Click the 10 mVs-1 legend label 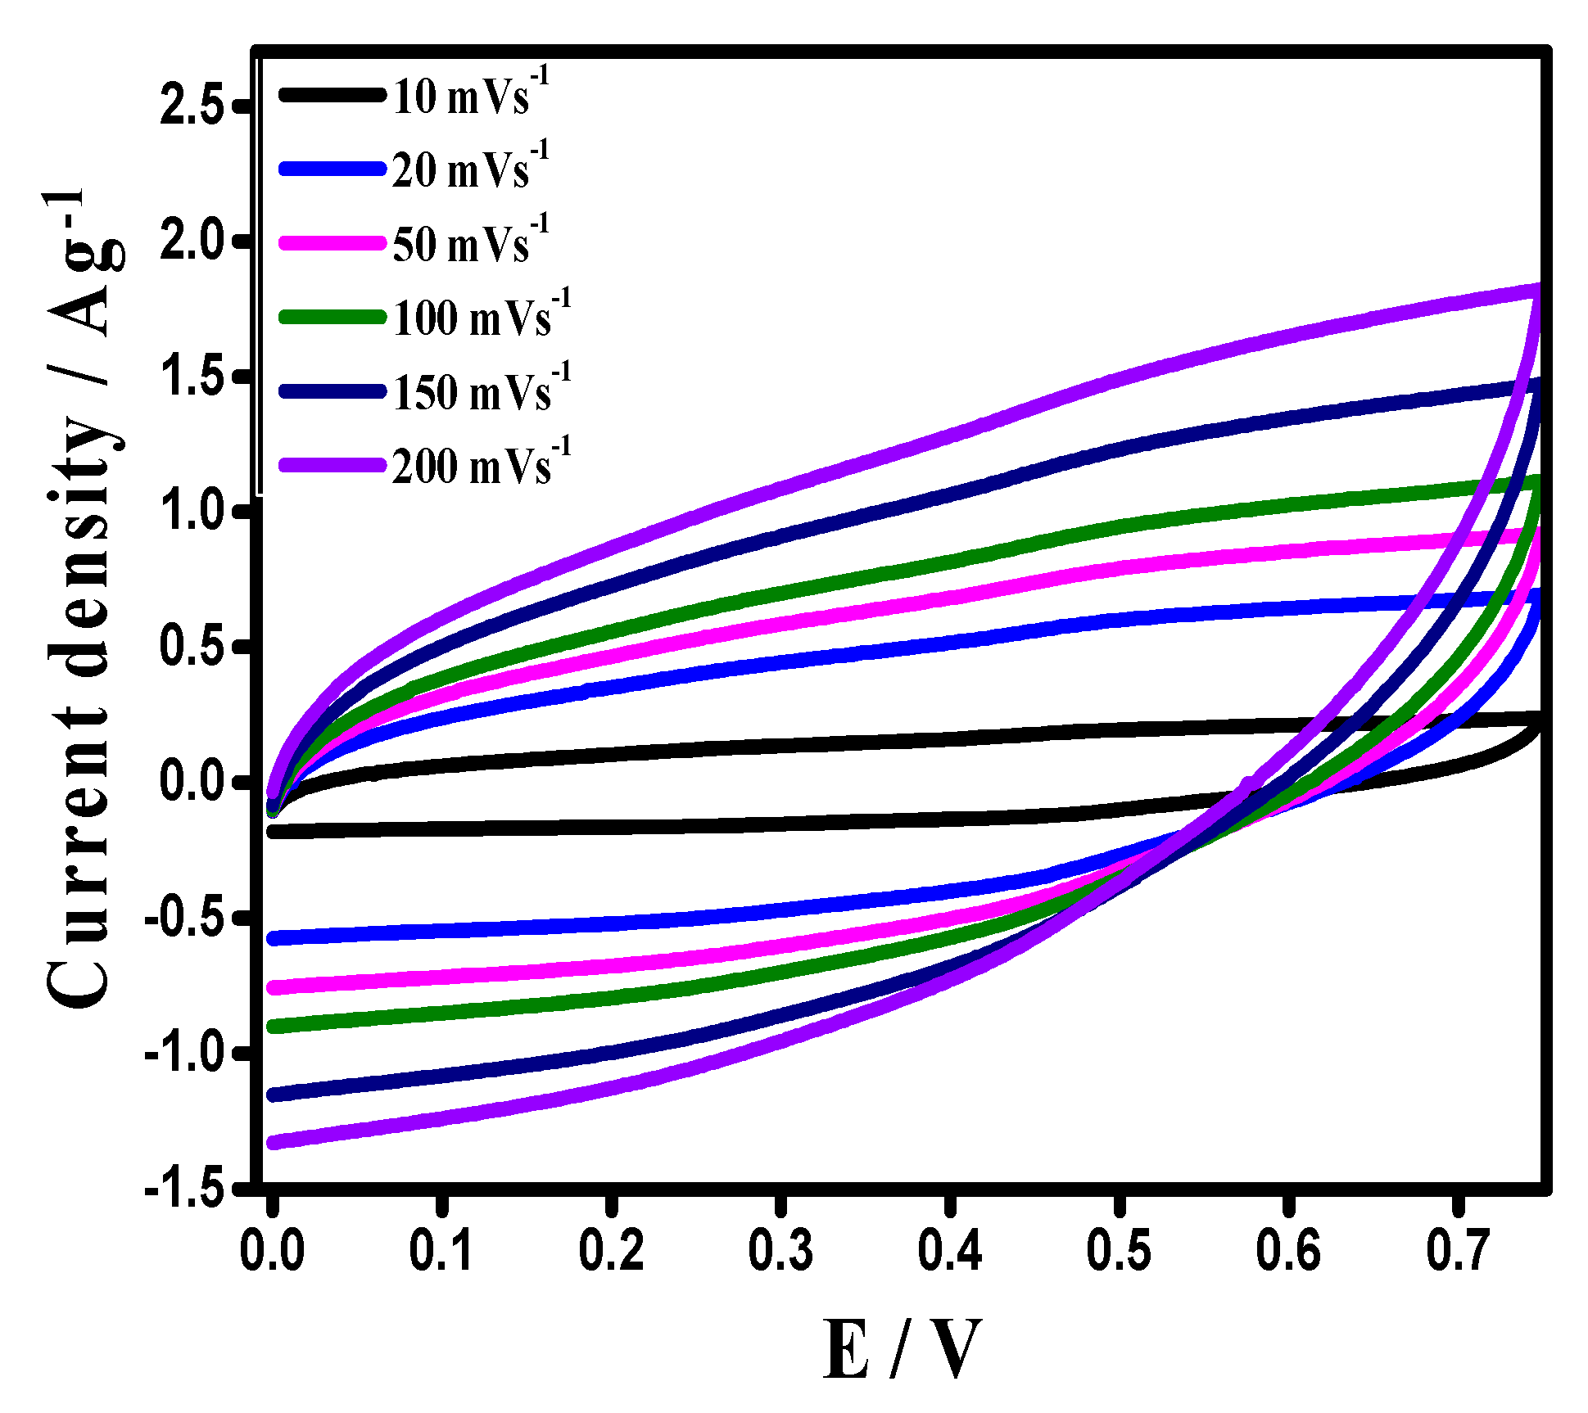(x=468, y=95)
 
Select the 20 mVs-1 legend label (x=468, y=169)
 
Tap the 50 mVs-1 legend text (x=468, y=243)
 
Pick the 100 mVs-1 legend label (x=480, y=317)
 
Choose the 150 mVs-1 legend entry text (x=480, y=391)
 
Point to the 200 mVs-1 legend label (x=480, y=465)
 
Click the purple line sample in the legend (x=332, y=465)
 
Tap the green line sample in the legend (x=332, y=317)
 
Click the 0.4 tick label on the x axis (x=950, y=1251)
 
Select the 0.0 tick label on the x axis (x=273, y=1251)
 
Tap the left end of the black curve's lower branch (x=274, y=833)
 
